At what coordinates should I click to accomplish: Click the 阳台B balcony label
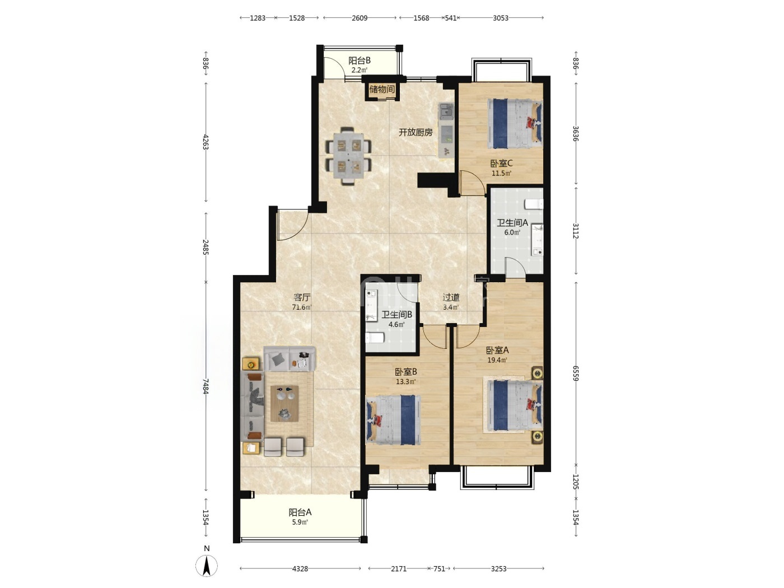360,60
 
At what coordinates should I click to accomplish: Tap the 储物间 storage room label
382,89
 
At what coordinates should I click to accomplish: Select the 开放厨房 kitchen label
416,133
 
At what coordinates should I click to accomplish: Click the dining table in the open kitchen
349,156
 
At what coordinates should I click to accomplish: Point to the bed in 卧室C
515,123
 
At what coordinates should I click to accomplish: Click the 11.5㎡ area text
501,174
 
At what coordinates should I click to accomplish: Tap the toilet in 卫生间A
534,204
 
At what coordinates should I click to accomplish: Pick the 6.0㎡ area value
512,232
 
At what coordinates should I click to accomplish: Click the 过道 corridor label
451,297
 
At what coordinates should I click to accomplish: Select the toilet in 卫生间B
375,337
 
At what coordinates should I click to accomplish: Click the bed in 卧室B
393,420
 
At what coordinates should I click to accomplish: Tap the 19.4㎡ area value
497,360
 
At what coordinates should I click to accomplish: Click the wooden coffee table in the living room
284,403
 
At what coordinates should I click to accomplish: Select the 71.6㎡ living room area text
302,307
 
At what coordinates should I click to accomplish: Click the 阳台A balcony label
300,512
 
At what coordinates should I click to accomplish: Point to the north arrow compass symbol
207,566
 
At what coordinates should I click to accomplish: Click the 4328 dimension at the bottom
300,569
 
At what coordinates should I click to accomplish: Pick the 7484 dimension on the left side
206,386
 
